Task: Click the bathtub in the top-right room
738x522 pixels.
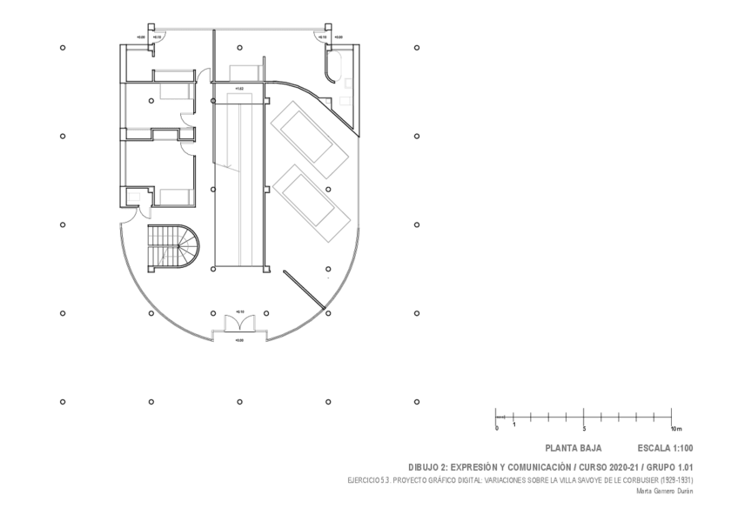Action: (334, 65)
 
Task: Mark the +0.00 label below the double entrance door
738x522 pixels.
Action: (239, 340)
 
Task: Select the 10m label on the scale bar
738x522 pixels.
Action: (676, 430)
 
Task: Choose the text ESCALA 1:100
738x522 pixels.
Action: (665, 449)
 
